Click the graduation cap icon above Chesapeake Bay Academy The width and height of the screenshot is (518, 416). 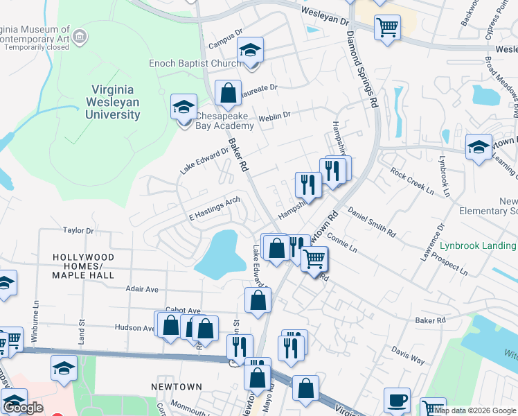coord(184,107)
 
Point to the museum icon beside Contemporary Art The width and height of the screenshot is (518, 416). coord(80,35)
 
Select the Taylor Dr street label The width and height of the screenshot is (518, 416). coord(78,230)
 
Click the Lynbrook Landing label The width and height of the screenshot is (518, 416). coord(478,245)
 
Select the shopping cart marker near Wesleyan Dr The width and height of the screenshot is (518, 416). coord(387,27)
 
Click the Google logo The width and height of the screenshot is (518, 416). coord(24,408)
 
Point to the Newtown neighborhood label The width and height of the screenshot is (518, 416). coord(177,387)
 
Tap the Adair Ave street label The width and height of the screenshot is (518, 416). coord(142,288)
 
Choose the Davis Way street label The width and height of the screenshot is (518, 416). coord(408,354)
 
